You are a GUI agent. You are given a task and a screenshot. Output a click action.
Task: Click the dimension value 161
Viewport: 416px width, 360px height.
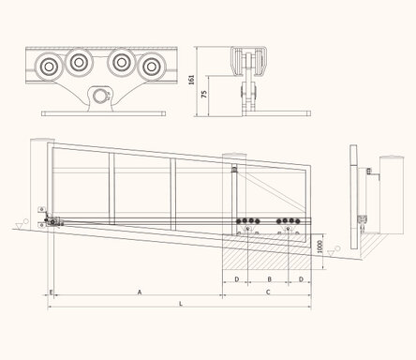pos(192,80)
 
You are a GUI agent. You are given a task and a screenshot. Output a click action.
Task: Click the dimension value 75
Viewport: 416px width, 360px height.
pos(204,94)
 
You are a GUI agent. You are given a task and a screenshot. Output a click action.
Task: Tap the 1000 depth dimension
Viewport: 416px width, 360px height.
pos(319,247)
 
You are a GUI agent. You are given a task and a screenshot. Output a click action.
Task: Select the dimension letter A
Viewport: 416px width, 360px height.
pos(140,292)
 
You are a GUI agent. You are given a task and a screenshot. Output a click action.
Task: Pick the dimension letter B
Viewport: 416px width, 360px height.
pos(270,279)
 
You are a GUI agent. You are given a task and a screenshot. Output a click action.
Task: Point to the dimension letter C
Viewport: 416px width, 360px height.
pos(268,292)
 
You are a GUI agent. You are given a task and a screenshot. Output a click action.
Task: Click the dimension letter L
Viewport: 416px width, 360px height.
pos(181,304)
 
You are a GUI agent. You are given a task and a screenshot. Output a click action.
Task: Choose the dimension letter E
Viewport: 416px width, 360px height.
pos(52,292)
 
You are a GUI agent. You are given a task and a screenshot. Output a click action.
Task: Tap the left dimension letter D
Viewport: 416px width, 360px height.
pos(237,279)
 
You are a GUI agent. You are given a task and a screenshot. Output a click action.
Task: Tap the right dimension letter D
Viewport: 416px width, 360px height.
pos(301,279)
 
